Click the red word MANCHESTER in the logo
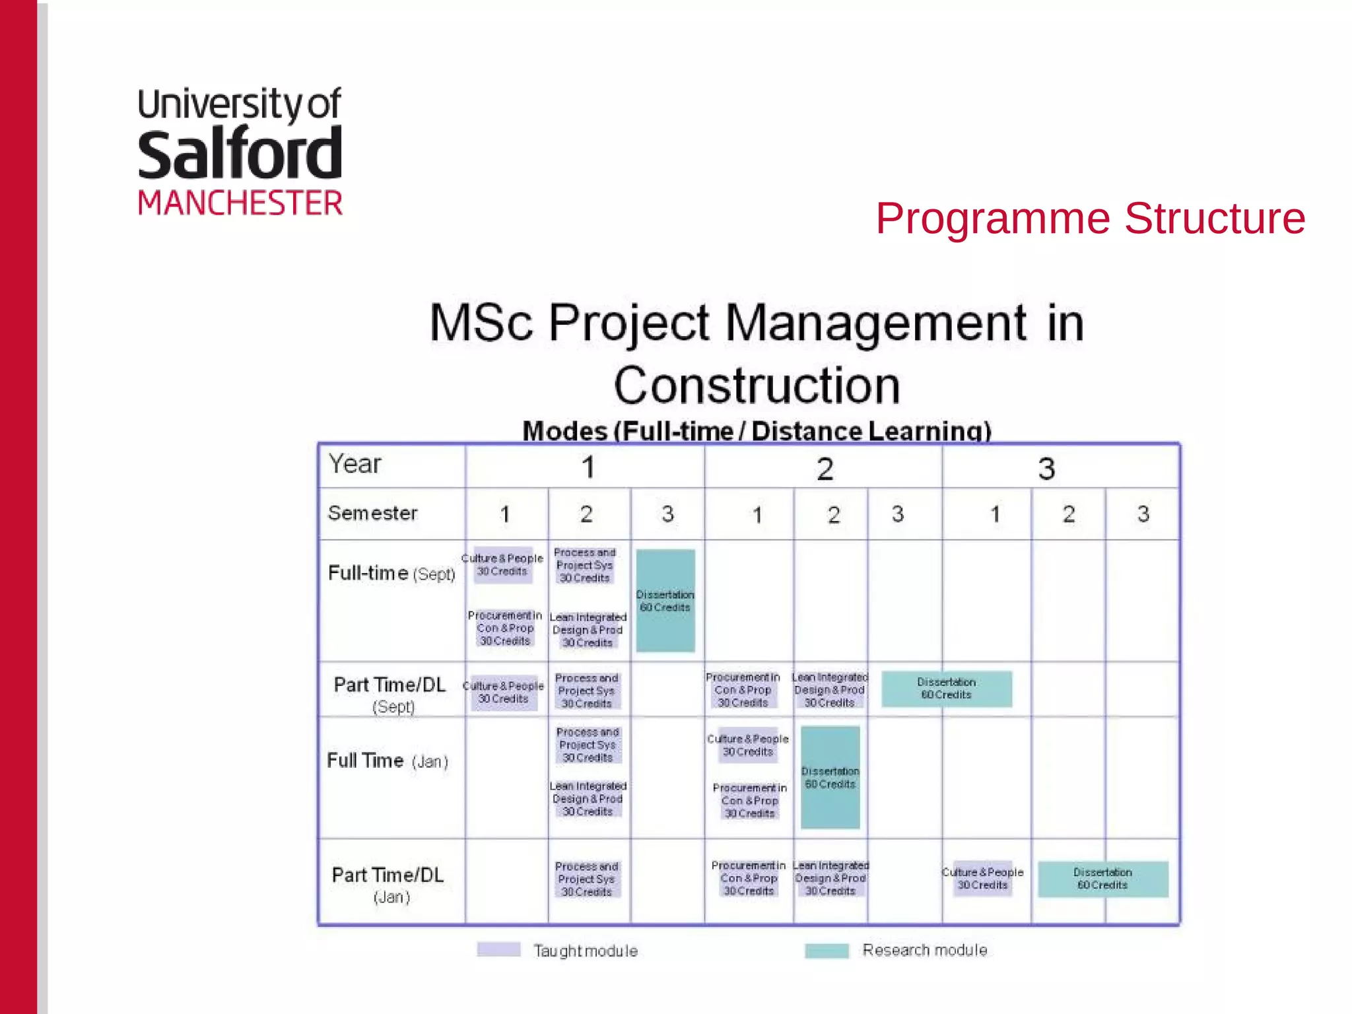(240, 203)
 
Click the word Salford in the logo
(240, 155)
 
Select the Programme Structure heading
(1090, 219)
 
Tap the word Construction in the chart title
(757, 386)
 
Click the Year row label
(355, 464)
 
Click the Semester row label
(372, 513)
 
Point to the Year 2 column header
(825, 469)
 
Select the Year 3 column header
(1046, 469)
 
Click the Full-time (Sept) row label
(391, 573)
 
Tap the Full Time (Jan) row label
(388, 760)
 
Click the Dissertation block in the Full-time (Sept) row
(665, 601)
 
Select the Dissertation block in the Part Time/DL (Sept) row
(946, 689)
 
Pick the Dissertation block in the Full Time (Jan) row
(830, 778)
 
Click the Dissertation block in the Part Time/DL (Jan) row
(1102, 879)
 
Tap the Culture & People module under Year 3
(982, 879)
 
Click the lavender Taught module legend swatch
(498, 949)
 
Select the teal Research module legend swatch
(827, 951)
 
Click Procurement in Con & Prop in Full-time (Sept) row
(505, 628)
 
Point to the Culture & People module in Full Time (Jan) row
(747, 745)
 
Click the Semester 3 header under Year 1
(667, 514)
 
